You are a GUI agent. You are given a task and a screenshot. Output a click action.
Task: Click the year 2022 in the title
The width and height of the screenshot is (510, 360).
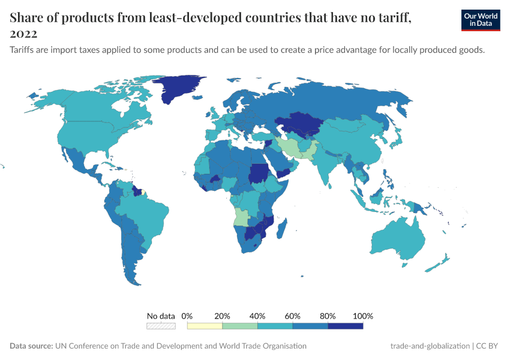pos(23,34)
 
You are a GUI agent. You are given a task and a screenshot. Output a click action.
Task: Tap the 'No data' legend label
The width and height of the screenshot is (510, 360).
pos(161,316)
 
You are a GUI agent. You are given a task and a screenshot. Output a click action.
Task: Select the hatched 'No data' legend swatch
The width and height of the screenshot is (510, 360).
pos(161,326)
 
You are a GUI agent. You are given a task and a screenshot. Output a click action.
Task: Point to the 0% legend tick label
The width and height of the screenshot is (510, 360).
pos(187,316)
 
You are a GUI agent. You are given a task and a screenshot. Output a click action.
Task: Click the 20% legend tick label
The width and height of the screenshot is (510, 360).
pos(223,316)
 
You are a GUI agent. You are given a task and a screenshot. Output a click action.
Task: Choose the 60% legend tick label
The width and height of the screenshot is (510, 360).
pos(293,316)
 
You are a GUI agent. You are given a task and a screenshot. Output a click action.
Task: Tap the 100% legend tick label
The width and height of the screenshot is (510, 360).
pos(363,316)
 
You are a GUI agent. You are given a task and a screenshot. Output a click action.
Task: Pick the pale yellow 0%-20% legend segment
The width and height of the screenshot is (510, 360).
pos(205,326)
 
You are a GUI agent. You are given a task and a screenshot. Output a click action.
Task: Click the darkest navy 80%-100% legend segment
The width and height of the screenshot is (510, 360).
pos(346,326)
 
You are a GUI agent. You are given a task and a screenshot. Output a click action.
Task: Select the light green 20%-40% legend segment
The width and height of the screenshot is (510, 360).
pos(240,326)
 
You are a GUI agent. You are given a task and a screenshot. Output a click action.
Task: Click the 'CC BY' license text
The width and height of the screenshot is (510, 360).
pos(490,346)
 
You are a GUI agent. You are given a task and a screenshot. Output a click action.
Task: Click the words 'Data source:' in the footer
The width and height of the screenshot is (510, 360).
pos(31,346)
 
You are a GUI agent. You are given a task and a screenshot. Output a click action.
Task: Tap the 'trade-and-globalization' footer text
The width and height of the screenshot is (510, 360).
pos(430,346)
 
